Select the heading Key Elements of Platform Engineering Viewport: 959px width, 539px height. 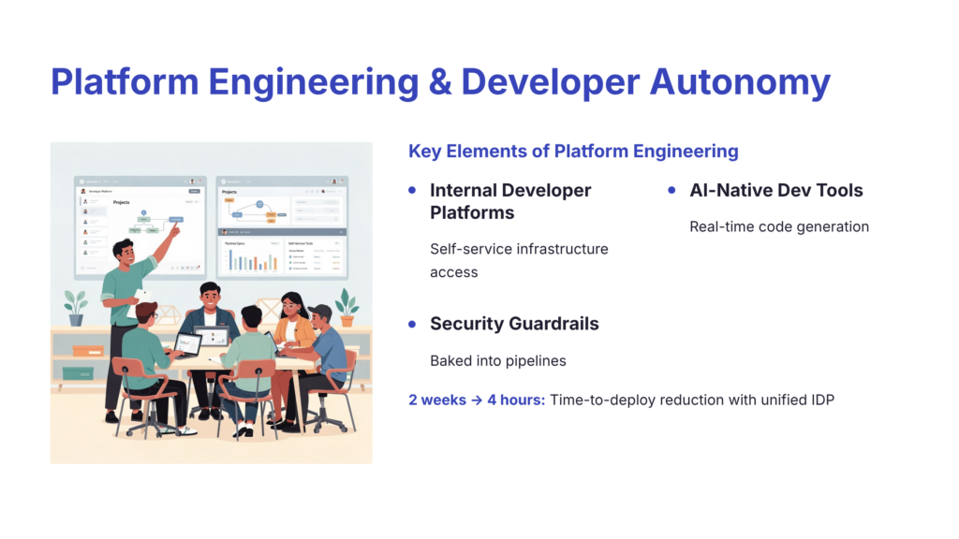tap(573, 151)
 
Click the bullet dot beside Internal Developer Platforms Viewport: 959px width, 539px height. tap(413, 190)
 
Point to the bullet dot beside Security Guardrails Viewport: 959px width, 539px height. tap(413, 324)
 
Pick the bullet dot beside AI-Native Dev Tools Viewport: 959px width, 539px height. tap(671, 190)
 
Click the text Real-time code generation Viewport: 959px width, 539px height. tap(779, 226)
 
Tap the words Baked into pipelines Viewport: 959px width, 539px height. tap(498, 360)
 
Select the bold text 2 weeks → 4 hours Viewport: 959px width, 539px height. tap(476, 400)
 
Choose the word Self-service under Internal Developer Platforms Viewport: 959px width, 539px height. tap(467, 249)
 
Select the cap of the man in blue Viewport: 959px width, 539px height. tap(321, 310)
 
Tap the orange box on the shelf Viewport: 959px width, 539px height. tap(87, 351)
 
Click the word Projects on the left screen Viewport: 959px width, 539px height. tap(122, 202)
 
